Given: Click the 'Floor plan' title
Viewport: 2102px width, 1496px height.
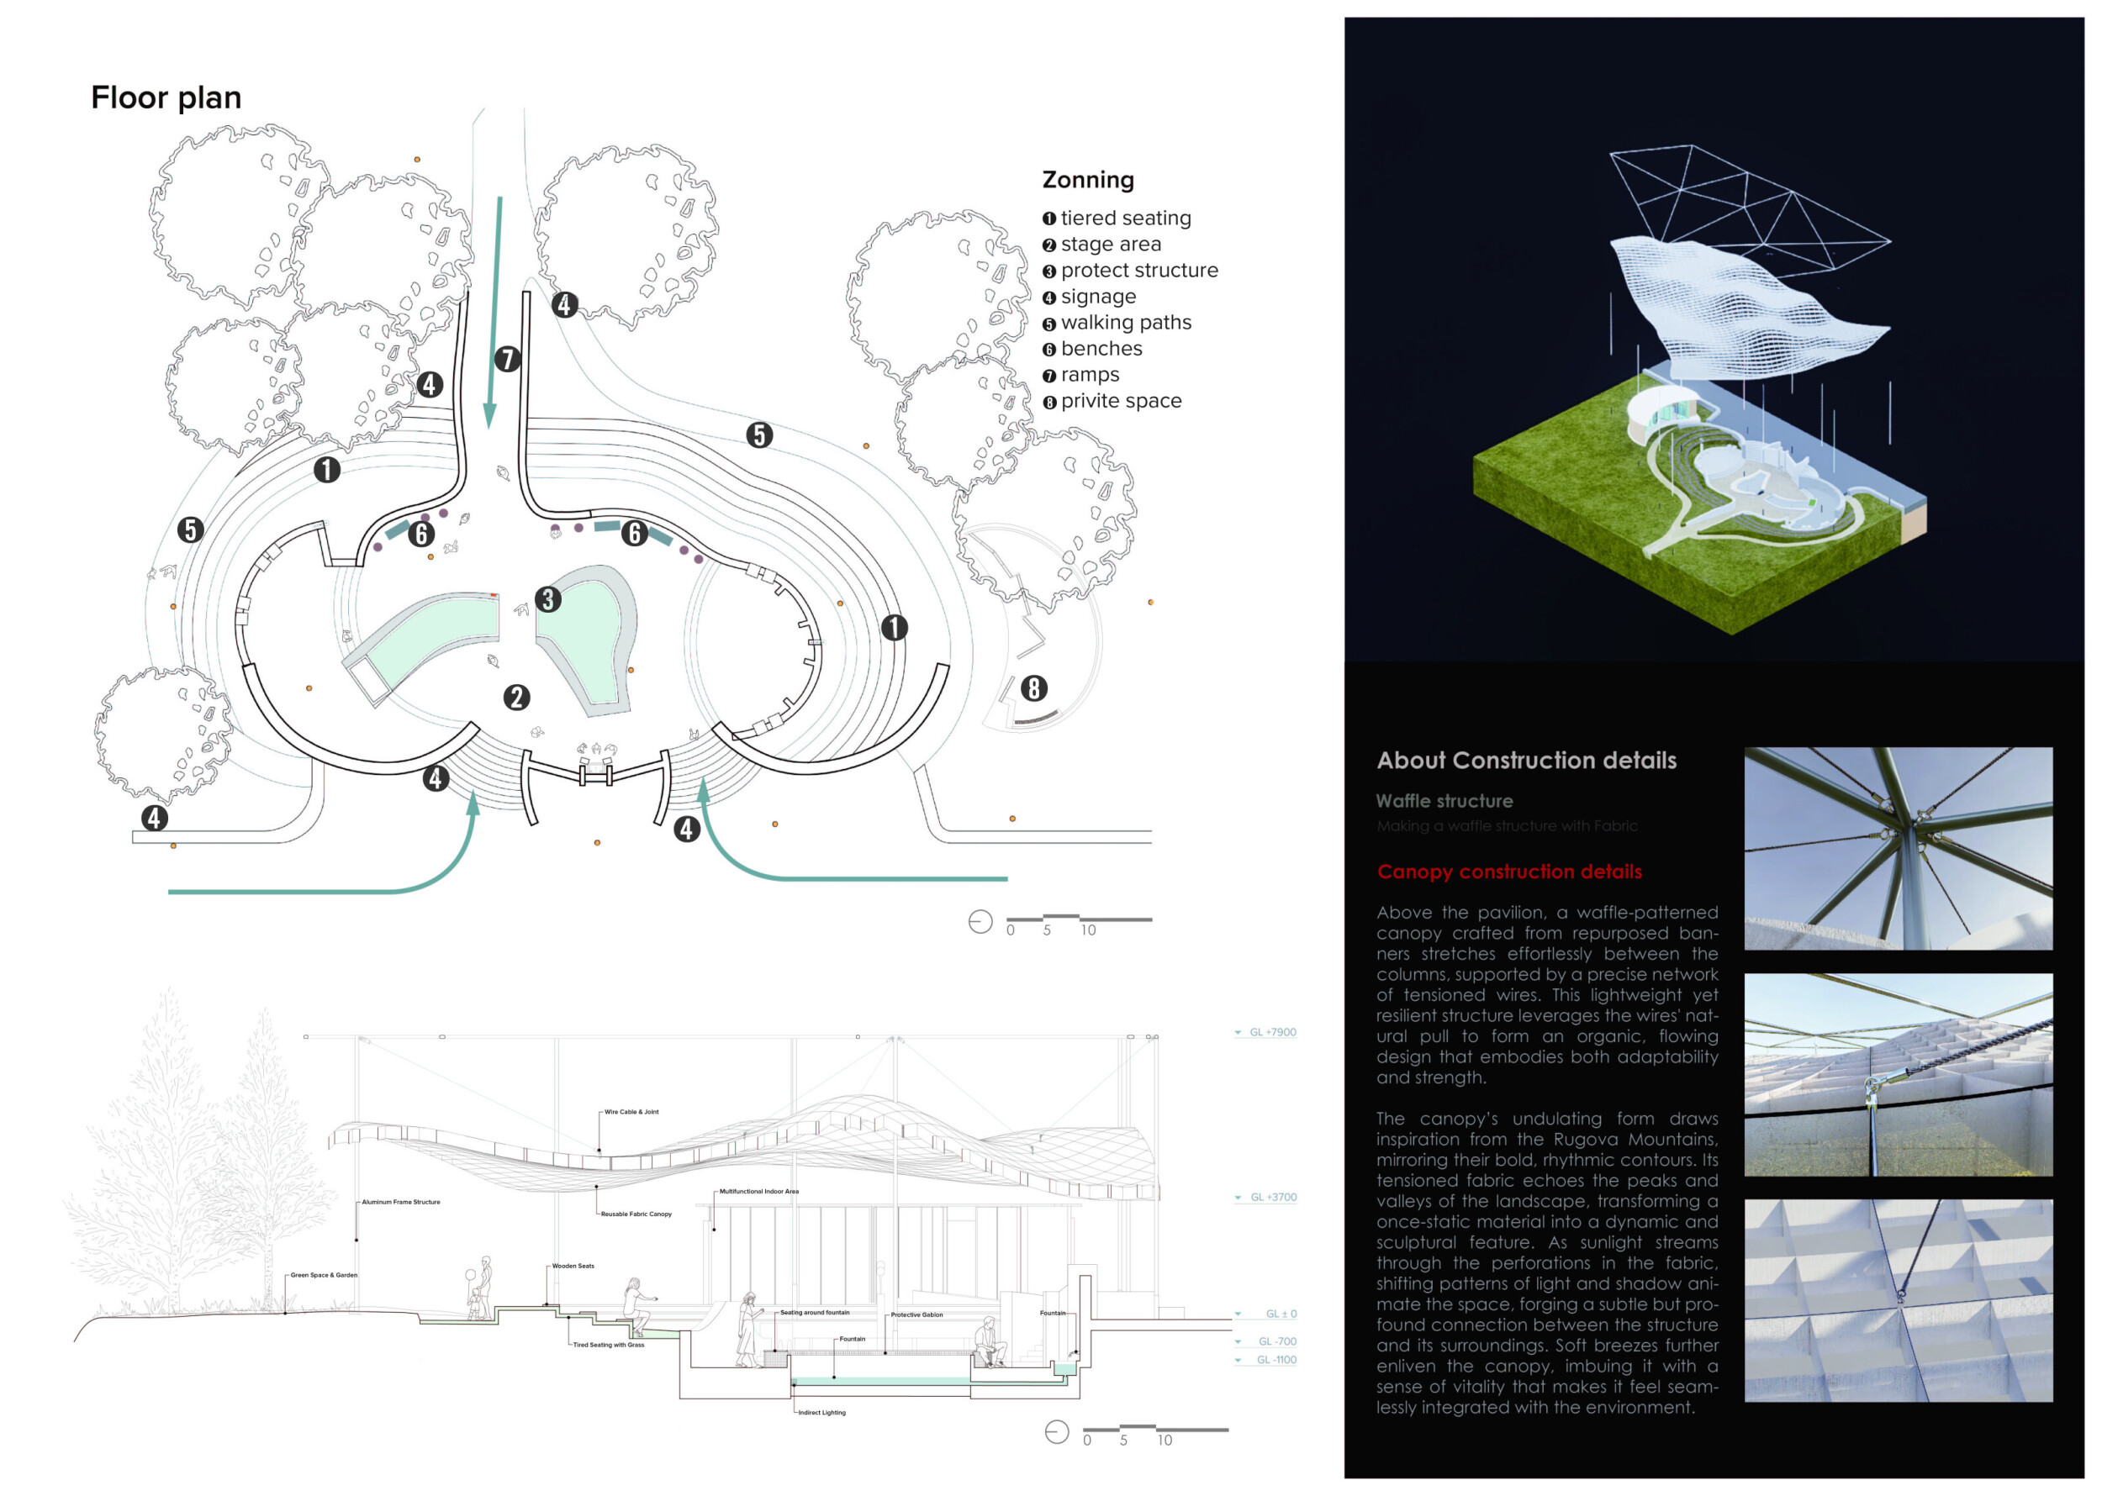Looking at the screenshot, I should pyautogui.click(x=166, y=97).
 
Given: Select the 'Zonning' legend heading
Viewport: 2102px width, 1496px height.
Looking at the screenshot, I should pyautogui.click(x=1087, y=181).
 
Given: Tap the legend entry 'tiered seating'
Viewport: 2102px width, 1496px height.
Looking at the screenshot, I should pyautogui.click(x=1125, y=219).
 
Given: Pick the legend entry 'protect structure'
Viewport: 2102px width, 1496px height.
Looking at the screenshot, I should pyautogui.click(x=1138, y=271).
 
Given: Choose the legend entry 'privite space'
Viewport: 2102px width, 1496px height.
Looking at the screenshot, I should pyautogui.click(x=1121, y=402).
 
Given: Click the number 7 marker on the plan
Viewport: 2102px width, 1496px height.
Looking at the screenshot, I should pyautogui.click(x=507, y=359).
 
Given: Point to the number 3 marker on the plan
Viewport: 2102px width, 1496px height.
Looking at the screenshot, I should pyautogui.click(x=548, y=600).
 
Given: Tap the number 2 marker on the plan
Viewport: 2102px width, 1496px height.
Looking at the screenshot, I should pyautogui.click(x=517, y=698).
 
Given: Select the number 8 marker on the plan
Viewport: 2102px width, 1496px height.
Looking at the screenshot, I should pyautogui.click(x=1034, y=688).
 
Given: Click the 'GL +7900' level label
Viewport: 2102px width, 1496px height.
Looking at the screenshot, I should pyautogui.click(x=1271, y=1033).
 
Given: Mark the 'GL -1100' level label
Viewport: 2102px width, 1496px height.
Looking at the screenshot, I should pyautogui.click(x=1275, y=1360).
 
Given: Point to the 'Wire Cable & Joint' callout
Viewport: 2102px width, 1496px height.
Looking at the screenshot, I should pyautogui.click(x=631, y=1112).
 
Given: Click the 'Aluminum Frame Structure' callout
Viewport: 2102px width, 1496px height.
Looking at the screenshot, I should pyautogui.click(x=401, y=1202).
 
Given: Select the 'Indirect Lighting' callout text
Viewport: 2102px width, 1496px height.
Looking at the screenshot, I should pyautogui.click(x=821, y=1413).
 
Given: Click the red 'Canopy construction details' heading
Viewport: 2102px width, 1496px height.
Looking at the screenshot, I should pyautogui.click(x=1508, y=872).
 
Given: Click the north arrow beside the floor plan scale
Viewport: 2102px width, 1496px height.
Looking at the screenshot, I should pyautogui.click(x=980, y=922).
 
